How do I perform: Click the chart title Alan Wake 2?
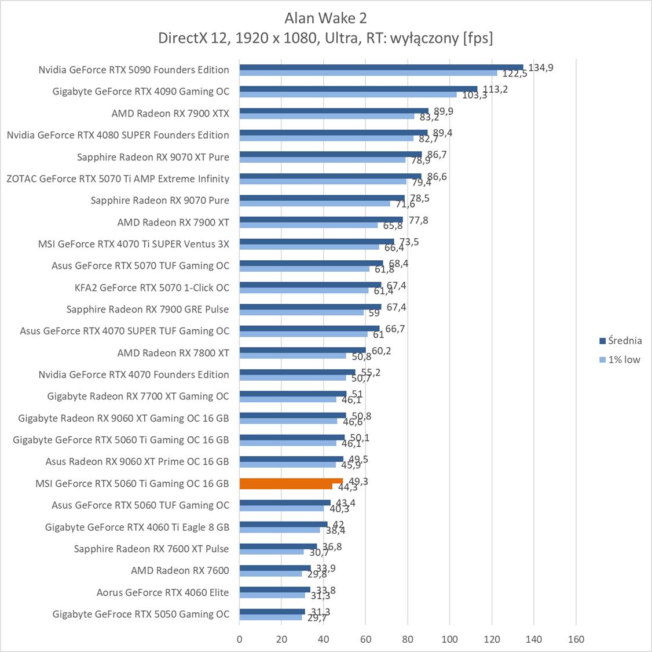point(325,18)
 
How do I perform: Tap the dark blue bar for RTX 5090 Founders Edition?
point(381,67)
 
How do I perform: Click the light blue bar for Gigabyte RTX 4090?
point(347,94)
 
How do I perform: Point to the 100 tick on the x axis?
point(450,639)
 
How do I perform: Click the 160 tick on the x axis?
point(576,639)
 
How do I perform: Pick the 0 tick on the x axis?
point(240,639)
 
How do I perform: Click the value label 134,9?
point(541,68)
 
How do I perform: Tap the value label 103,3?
point(475,95)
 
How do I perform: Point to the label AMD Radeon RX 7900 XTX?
point(170,114)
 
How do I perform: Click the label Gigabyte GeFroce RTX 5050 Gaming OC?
point(141,614)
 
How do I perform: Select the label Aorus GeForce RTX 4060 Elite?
point(163,592)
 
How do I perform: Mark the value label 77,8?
point(419,220)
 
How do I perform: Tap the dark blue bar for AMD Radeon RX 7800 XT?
point(303,350)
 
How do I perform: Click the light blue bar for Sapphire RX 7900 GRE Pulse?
point(302,312)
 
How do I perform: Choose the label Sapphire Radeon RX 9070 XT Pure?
point(153,157)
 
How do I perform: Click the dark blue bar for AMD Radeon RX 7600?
point(275,568)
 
